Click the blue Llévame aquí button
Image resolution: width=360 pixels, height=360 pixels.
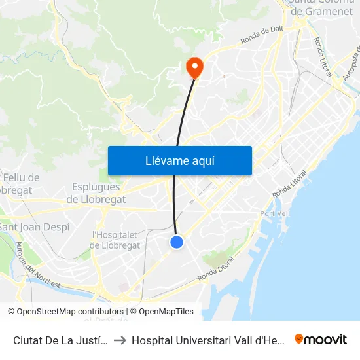tap(179, 160)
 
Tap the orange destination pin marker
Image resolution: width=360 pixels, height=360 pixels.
tap(194, 66)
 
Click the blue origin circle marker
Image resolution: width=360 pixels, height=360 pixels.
tap(177, 242)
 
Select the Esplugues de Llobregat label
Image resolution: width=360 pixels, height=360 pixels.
tap(96, 193)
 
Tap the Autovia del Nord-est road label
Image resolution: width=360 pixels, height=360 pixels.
tap(29, 264)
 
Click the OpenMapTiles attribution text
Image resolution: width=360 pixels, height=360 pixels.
tap(164, 312)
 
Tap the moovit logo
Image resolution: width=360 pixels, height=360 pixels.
tap(321, 339)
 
